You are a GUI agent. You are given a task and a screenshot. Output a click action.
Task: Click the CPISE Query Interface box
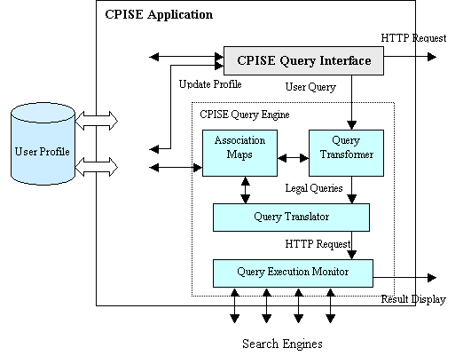[x=303, y=60]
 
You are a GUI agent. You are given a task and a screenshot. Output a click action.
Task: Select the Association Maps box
[x=239, y=153]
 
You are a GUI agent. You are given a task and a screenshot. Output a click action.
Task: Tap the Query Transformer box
[x=346, y=153]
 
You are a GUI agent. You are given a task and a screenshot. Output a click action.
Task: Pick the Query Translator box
[x=291, y=218]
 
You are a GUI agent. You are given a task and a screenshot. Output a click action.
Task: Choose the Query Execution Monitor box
[x=293, y=273]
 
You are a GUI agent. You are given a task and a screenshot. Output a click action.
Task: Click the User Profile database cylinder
[x=43, y=144]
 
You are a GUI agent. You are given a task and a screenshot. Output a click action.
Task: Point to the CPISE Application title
[x=159, y=15]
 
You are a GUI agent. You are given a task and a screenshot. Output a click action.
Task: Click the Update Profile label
[x=210, y=84]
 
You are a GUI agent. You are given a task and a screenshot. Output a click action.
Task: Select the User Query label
[x=310, y=87]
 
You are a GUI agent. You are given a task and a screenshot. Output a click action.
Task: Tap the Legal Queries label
[x=314, y=188]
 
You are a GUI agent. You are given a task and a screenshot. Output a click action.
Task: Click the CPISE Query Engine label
[x=245, y=115]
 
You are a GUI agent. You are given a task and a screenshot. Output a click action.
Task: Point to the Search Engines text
[x=282, y=344]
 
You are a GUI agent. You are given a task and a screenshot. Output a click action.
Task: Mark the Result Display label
[x=413, y=299]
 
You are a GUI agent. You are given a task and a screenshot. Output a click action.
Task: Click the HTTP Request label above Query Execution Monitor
[x=318, y=244]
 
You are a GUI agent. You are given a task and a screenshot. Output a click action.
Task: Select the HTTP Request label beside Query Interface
[x=413, y=38]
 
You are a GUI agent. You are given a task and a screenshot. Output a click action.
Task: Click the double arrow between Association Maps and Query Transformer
[x=294, y=158]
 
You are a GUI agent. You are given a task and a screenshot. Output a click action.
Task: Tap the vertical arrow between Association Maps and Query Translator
[x=246, y=190]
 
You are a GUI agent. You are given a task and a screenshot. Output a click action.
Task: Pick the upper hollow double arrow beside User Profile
[x=96, y=121]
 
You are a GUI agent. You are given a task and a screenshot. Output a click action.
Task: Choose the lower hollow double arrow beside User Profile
[x=96, y=167]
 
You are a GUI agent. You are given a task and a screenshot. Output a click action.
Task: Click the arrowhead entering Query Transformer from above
[x=352, y=125]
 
